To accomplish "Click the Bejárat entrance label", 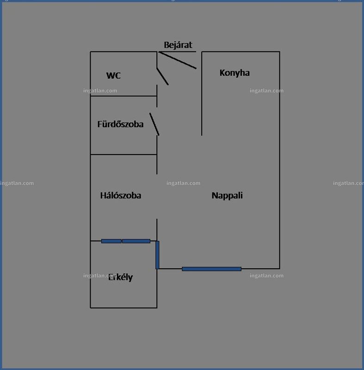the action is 178,45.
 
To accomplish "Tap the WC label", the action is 113,75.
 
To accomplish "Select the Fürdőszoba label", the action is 120,124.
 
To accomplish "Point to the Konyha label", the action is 234,73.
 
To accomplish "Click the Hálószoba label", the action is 121,195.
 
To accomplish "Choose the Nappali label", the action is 227,196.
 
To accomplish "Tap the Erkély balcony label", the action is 120,277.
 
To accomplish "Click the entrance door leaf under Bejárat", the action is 178,60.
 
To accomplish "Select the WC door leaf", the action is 162,76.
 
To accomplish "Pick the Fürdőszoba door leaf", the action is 154,124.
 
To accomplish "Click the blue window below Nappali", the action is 212,269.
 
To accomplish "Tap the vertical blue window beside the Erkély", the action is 157,255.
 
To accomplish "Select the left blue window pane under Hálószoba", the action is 111,241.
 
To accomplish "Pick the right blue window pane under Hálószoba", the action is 136,241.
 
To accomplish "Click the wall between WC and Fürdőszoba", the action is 123,96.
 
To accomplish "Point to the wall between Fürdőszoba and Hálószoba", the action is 123,154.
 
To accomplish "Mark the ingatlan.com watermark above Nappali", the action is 183,183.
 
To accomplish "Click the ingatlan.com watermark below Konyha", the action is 266,91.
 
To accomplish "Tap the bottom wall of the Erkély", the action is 123,308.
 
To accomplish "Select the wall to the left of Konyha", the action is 202,93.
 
